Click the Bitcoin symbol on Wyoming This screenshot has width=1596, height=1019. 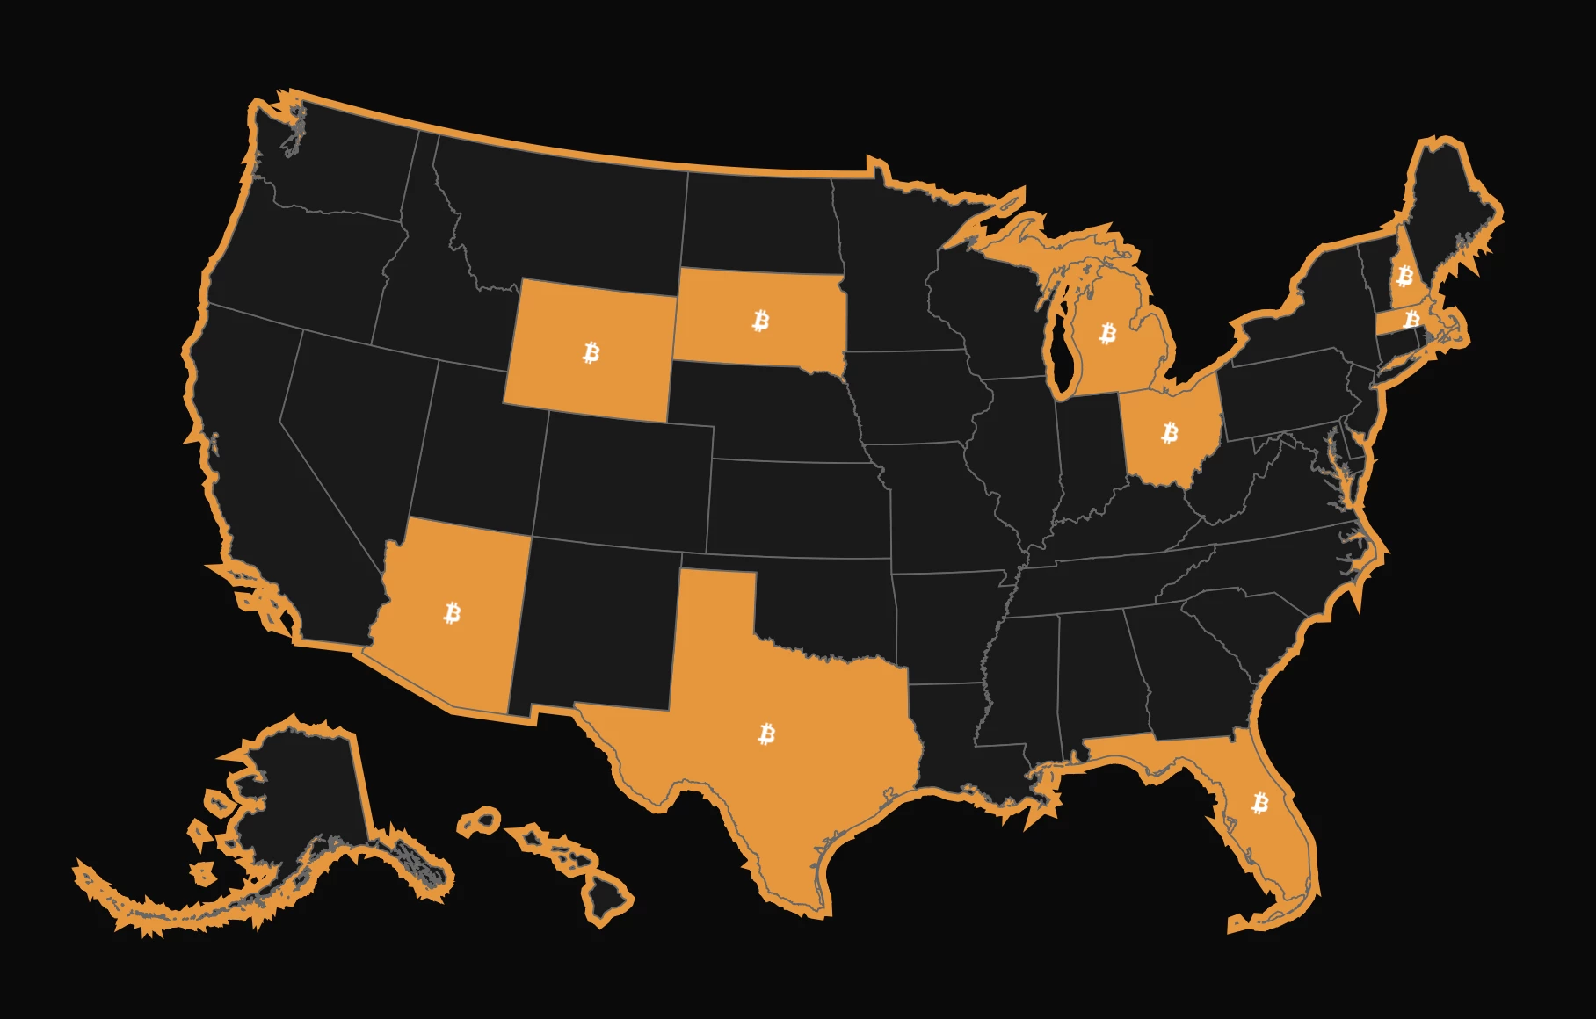[591, 353]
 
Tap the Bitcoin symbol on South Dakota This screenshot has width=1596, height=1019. [761, 321]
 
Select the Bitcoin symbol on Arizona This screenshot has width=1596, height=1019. [453, 612]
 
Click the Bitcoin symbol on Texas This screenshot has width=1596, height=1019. [766, 734]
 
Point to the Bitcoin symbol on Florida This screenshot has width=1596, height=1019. [1260, 803]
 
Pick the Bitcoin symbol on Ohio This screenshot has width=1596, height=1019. [1170, 432]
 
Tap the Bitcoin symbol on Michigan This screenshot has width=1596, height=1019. [1108, 333]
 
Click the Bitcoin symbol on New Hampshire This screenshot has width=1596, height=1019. [1404, 277]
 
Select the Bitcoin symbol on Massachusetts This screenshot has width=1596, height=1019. [1411, 319]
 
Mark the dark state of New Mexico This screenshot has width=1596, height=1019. [598, 624]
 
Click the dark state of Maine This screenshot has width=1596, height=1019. [1450, 202]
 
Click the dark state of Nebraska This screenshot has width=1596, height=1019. [773, 413]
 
